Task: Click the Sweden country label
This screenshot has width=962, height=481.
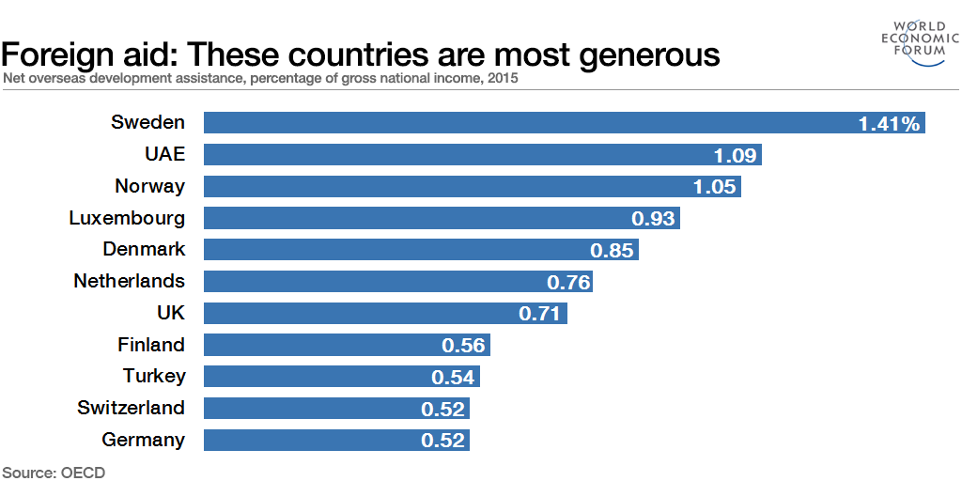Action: point(147,122)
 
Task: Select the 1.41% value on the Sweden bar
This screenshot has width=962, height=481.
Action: point(889,123)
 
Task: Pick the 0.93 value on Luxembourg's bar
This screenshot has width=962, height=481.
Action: point(653,218)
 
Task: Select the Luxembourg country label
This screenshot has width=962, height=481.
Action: point(127,218)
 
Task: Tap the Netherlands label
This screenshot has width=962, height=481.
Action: point(129,281)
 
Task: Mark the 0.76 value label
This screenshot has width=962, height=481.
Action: point(567,282)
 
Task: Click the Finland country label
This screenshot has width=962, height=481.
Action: point(150,345)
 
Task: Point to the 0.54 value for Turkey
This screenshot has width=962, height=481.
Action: point(455,377)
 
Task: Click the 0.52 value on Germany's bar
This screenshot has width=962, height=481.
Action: point(442,440)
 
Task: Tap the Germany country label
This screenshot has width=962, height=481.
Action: point(143,440)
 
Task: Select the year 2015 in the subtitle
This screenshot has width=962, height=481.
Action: point(503,79)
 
